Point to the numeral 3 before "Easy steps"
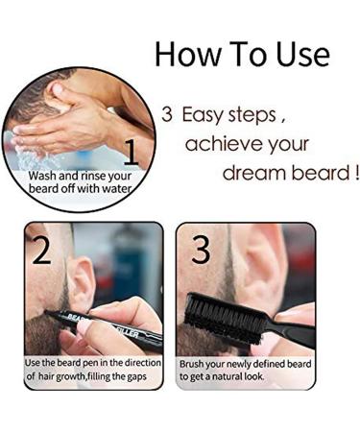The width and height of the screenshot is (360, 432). [x=166, y=115]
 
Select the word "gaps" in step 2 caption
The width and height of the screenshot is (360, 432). [x=147, y=377]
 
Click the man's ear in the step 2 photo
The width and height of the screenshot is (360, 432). [x=82, y=277]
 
